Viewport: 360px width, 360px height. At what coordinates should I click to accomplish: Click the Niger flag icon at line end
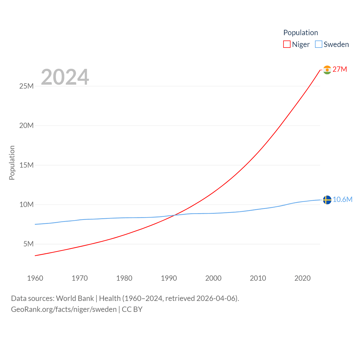coord(327,70)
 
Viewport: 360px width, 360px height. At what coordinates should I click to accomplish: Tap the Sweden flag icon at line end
coord(327,200)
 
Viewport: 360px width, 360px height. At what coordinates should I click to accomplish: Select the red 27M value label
coord(340,69)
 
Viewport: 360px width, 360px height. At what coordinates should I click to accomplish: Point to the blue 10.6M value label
coord(343,199)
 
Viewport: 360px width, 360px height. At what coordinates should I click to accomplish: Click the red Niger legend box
coord(287,44)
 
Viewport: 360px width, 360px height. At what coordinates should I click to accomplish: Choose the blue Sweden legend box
coord(318,44)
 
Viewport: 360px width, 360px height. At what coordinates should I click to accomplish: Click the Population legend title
coord(300,33)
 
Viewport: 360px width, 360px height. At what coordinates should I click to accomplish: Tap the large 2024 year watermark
coord(65,77)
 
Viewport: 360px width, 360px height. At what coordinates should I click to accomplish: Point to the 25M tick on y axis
coord(26,86)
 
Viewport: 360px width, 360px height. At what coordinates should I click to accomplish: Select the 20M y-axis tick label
coord(26,125)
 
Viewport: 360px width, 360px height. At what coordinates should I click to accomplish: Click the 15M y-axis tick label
coord(26,165)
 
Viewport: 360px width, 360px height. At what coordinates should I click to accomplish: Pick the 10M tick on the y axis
coord(26,204)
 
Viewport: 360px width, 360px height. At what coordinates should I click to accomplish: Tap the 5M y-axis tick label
coord(28,244)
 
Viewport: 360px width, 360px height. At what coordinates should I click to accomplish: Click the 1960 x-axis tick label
coord(35,278)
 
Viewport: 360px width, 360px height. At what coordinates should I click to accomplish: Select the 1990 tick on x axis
coord(169,278)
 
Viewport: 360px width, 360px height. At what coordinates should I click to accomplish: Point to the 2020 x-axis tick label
coord(302,278)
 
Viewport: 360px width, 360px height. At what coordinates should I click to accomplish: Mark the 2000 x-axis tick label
coord(213,278)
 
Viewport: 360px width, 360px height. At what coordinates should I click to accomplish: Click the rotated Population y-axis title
coord(12,163)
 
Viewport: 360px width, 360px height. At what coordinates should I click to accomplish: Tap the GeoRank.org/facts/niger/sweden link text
coord(64,309)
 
